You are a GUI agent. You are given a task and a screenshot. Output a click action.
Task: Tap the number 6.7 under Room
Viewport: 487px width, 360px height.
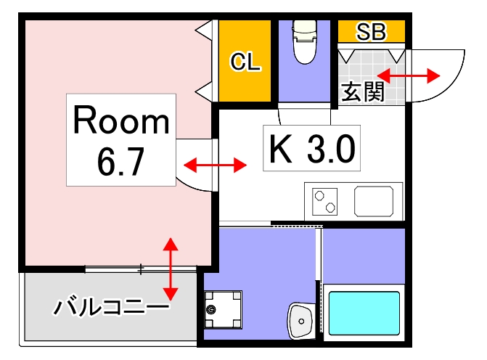click(121, 161)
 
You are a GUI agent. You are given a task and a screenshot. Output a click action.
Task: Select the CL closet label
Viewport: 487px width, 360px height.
click(245, 62)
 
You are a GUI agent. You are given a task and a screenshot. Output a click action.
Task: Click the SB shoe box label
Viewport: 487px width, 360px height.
click(372, 31)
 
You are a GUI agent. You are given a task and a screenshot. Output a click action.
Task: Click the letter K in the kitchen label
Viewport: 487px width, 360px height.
click(280, 150)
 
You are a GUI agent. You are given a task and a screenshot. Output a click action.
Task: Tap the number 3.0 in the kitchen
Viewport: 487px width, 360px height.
click(330, 150)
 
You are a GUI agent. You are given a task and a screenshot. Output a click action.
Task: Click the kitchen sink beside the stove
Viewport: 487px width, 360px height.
click(376, 200)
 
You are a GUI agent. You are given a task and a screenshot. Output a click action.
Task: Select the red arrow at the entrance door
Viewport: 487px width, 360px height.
click(409, 75)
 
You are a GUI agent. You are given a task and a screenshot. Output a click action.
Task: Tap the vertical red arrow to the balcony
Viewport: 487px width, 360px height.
click(171, 269)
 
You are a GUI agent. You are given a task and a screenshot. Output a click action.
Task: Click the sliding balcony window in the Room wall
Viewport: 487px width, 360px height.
click(141, 269)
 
